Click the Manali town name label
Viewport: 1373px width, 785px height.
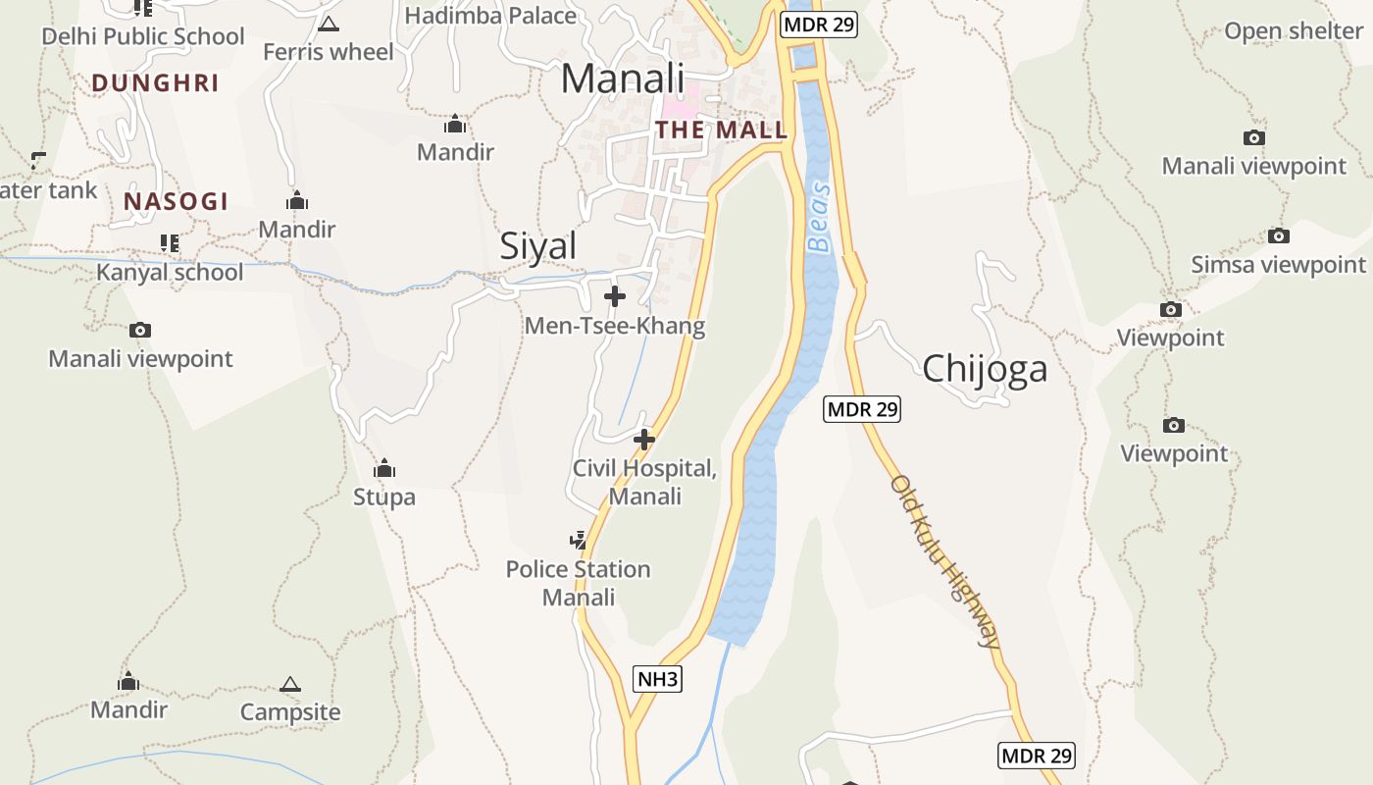point(623,78)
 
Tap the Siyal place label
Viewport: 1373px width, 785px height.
point(538,245)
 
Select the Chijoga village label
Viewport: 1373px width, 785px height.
point(985,369)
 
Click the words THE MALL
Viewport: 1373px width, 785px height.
point(722,130)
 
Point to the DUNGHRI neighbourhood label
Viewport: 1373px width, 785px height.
point(155,83)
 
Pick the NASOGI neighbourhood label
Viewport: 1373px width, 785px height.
point(176,202)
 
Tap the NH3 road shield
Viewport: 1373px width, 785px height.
point(657,678)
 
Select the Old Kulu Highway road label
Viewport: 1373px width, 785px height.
point(945,561)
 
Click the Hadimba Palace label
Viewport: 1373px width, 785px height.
point(490,16)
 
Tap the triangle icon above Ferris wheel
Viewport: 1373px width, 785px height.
point(329,24)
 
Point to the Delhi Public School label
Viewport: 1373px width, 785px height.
point(143,37)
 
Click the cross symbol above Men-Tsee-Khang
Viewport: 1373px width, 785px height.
point(615,295)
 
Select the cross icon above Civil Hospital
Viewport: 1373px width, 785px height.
point(644,440)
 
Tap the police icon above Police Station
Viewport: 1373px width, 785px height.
point(579,540)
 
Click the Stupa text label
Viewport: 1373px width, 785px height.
point(384,497)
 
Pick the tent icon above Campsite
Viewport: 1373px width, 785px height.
point(289,684)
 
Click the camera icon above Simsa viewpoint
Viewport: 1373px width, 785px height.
point(1278,235)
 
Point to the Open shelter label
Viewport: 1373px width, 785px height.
point(1294,31)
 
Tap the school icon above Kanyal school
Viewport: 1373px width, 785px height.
point(170,242)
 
